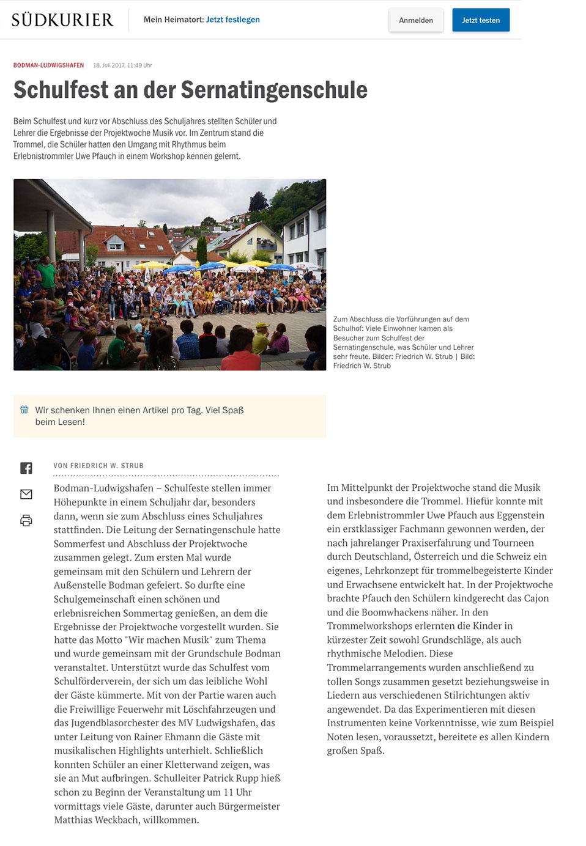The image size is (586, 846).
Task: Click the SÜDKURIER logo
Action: coord(62,20)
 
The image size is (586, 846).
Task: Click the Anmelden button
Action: coord(416,20)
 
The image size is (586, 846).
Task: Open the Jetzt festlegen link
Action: coord(232,20)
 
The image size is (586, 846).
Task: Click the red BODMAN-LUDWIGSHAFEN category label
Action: coord(48,65)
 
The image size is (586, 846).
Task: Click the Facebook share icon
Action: coord(26,468)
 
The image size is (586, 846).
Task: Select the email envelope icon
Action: coord(26,494)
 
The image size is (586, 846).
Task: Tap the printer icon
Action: coord(26,521)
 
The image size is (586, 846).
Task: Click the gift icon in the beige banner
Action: coord(24,410)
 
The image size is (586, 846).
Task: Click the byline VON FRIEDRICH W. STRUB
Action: coord(98,466)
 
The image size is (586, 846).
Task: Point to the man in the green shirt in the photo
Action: coord(47,273)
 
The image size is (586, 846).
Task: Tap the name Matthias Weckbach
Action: coord(96,820)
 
